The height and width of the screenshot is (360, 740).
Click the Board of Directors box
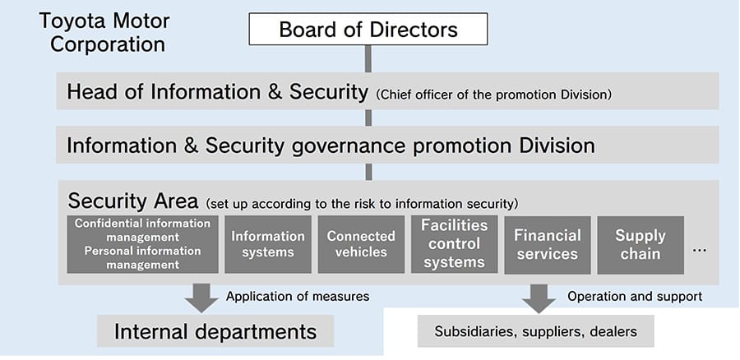368,30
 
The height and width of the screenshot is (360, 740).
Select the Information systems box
268,244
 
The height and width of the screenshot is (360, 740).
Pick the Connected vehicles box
361,244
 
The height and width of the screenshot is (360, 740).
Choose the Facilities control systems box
455,244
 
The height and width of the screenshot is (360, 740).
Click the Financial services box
547,244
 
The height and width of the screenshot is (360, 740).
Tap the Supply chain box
641,244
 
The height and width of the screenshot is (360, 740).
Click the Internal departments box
215,331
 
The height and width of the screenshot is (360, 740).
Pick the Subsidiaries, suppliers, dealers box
536,333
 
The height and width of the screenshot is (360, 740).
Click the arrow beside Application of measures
201,298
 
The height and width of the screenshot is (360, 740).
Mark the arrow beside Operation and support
539,298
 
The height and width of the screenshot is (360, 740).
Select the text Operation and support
635,296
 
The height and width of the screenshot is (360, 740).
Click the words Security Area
132,201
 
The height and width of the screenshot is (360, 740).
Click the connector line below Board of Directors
368,58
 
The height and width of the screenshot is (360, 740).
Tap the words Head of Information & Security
217,92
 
